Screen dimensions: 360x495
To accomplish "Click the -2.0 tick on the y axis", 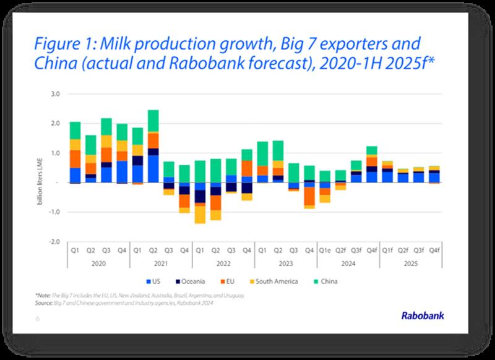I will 54,241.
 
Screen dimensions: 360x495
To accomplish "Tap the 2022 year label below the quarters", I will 223,262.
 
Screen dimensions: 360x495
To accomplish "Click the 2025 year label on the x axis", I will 411,262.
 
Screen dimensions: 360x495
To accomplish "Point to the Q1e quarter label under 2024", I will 325,251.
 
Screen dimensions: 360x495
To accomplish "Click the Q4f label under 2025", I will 435,251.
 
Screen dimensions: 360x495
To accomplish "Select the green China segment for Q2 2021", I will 153,121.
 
